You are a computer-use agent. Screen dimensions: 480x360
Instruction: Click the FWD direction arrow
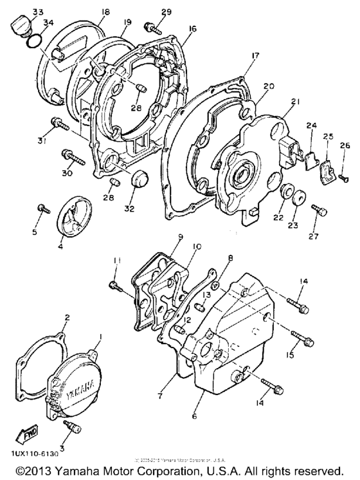[x=28, y=436]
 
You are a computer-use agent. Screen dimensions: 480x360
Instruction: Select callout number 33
[x=20, y=12]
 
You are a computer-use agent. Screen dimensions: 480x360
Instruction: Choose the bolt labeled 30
[x=70, y=155]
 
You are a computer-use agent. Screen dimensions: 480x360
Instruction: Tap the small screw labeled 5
[x=44, y=207]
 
